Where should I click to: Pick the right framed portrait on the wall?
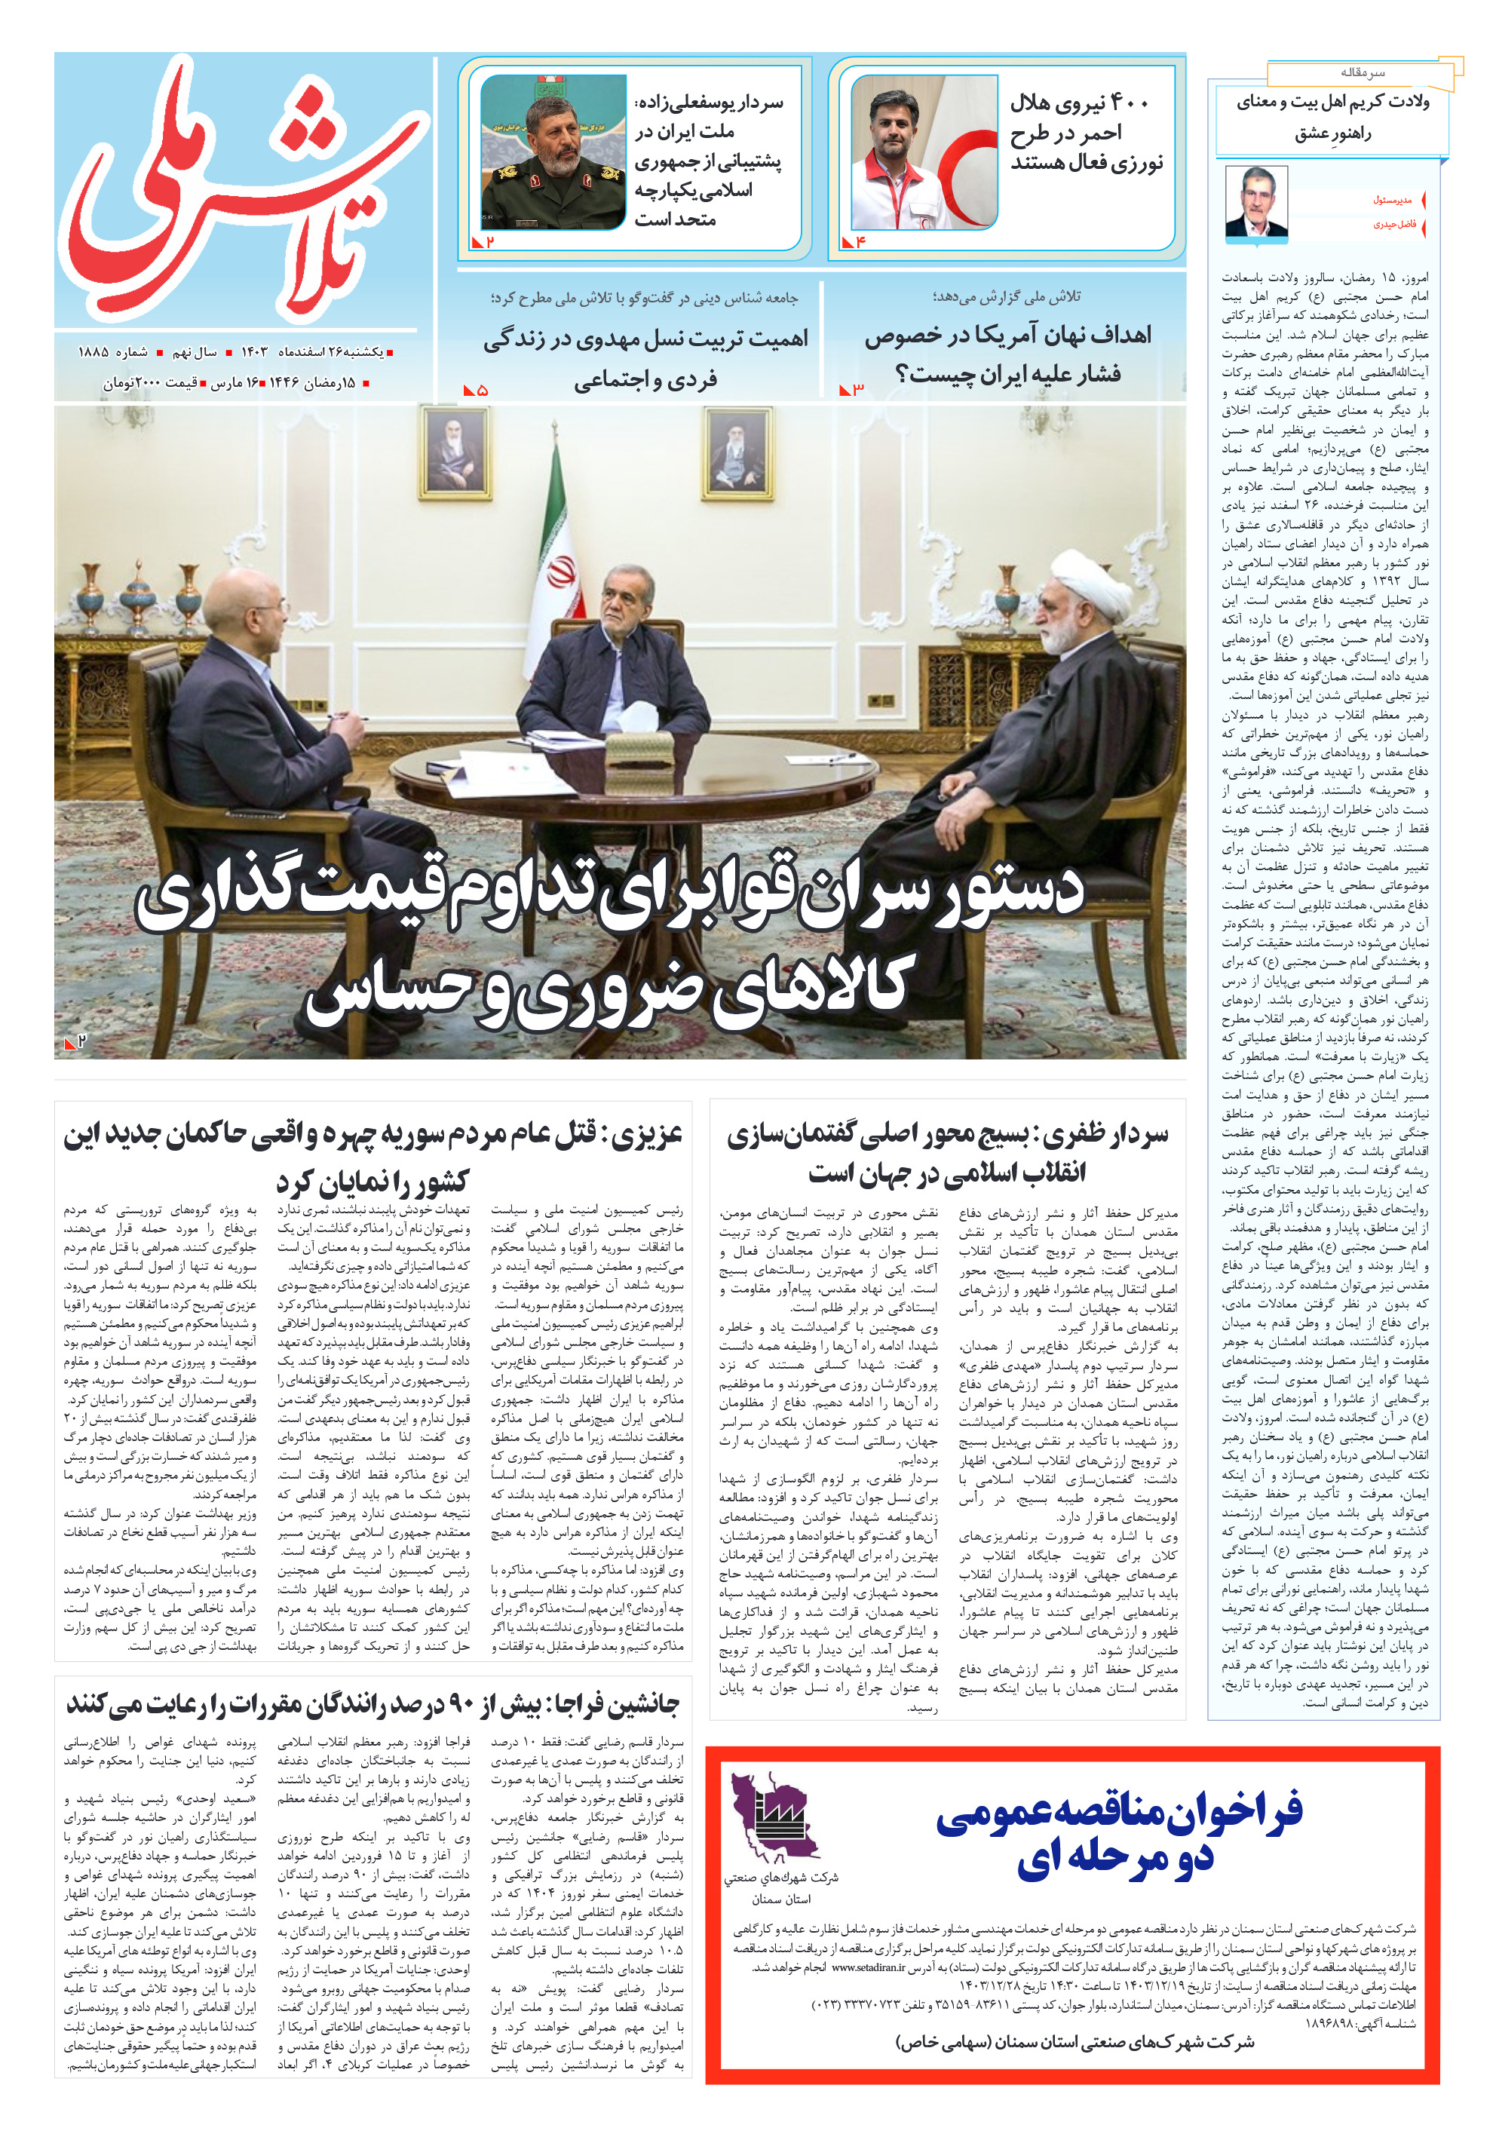click(x=738, y=452)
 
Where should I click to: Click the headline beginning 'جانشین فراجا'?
click(x=373, y=1704)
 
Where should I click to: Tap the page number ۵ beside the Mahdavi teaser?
click(x=481, y=390)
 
